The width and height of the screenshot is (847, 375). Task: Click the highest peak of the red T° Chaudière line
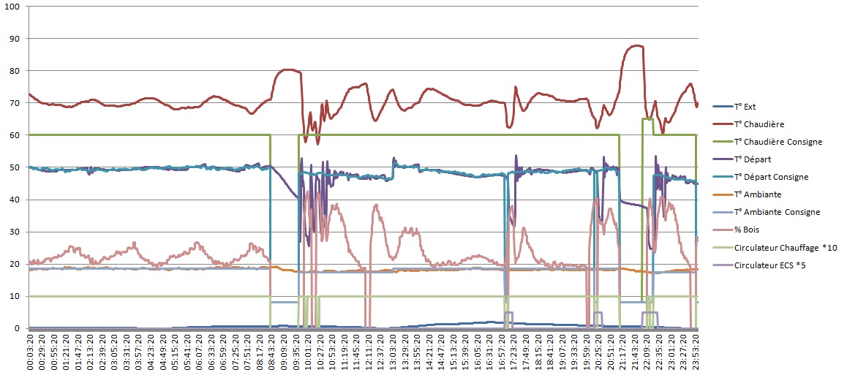[x=636, y=45]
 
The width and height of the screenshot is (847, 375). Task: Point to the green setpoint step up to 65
[x=643, y=118]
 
